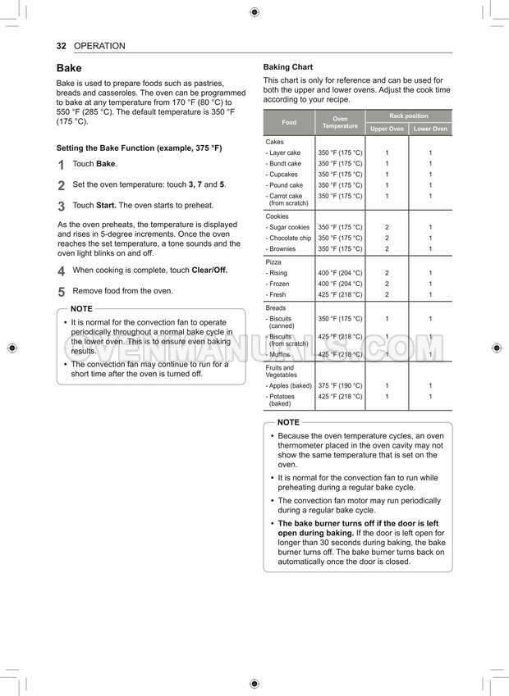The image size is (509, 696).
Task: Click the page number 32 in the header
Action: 61,46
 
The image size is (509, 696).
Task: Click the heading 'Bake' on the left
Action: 69,68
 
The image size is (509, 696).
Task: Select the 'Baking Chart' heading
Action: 287,66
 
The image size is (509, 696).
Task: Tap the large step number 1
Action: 62,165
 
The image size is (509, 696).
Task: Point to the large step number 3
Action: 62,207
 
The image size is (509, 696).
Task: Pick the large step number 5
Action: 62,292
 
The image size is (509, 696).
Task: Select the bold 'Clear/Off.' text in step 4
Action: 209,270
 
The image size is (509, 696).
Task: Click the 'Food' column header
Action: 289,122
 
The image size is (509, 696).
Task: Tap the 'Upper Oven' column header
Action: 387,129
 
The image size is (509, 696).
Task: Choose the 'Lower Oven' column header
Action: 430,129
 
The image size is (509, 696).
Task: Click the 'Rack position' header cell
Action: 408,116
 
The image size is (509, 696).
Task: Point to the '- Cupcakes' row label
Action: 283,175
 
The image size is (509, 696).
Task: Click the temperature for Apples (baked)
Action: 340,385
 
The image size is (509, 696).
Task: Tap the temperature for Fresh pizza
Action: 340,294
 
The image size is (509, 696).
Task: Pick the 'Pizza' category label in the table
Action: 273,262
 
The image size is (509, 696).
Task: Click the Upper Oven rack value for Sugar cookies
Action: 387,227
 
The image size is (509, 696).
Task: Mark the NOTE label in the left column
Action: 81,308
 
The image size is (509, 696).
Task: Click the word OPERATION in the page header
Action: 99,46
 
